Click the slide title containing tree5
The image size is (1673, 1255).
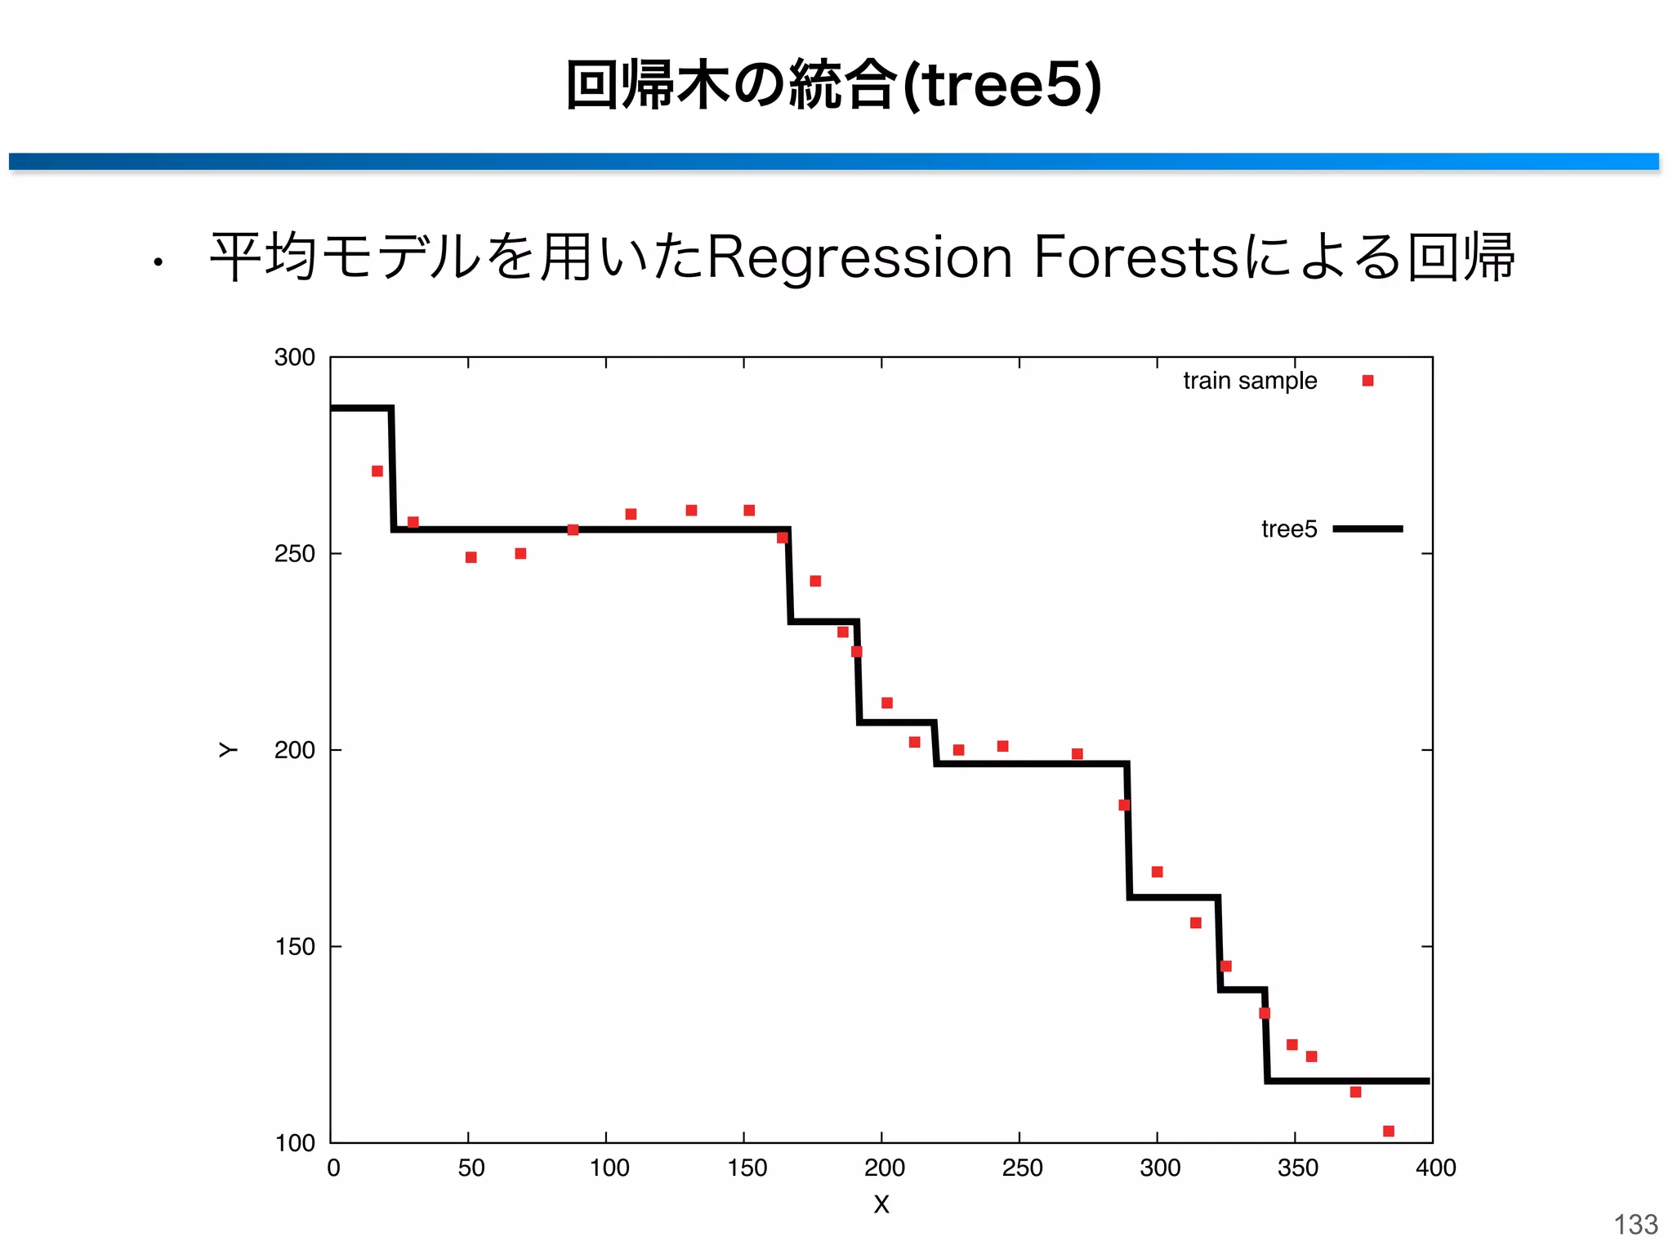[833, 85]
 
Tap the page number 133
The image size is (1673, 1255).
[1635, 1224]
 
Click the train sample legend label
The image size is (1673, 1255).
[1249, 381]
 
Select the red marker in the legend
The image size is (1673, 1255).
[1367, 381]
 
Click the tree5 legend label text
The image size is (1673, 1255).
[1288, 529]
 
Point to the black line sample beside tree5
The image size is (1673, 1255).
[1367, 529]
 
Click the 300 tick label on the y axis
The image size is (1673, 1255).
[294, 357]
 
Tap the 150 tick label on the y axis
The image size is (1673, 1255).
[294, 947]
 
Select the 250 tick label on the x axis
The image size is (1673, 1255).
[1022, 1168]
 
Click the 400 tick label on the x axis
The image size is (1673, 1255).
[1435, 1168]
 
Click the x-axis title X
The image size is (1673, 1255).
[881, 1204]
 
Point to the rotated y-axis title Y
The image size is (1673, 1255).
[228, 750]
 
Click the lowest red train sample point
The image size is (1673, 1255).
[1389, 1131]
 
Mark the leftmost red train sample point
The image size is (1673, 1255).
[377, 471]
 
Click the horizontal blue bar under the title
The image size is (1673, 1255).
[833, 161]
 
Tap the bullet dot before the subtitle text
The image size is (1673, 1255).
[158, 263]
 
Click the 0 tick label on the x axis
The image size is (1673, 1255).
[333, 1168]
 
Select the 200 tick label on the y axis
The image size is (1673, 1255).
[294, 750]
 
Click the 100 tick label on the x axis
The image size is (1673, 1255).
[609, 1168]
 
